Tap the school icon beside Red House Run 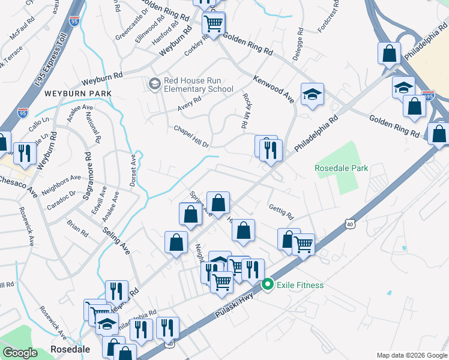[154, 83]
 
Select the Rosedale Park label [341, 169]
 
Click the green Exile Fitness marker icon [268, 285]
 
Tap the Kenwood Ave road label [273, 89]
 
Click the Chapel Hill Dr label [191, 137]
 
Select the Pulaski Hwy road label [238, 305]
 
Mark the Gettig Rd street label [281, 211]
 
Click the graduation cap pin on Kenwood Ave [312, 94]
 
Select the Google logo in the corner [20, 353]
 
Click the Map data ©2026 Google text [411, 355]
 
